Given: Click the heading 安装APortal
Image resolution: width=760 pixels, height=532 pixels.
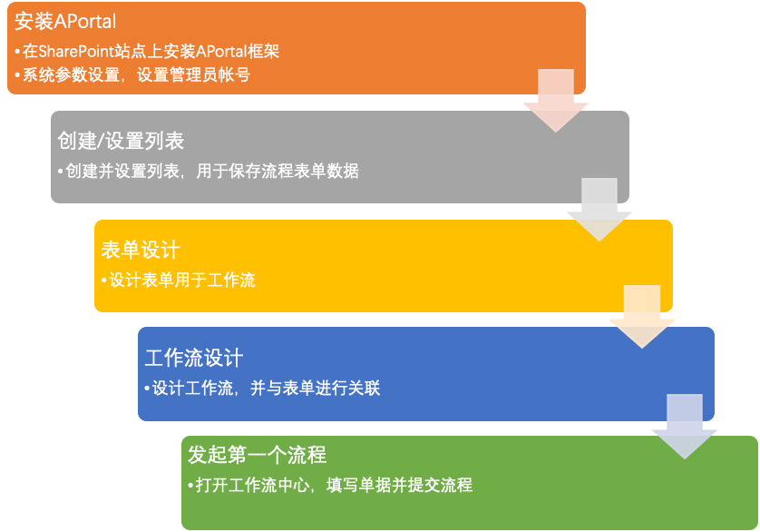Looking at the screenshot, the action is pos(65,22).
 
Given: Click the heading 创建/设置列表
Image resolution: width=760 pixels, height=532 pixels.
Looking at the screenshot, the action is pos(121,141).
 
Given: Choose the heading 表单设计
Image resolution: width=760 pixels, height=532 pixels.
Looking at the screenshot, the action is pos(141,250).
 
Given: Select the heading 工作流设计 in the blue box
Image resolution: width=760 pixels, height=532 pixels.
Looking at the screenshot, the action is pos(194,359).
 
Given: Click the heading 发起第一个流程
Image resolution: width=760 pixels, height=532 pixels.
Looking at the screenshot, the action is pos(257,456).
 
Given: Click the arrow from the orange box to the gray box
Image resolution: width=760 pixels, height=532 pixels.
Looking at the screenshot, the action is pos(556,101).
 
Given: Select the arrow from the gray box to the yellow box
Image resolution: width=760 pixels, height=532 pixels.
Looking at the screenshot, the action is pos(599,210).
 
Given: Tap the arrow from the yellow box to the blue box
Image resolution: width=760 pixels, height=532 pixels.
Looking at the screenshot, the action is pos(642,317).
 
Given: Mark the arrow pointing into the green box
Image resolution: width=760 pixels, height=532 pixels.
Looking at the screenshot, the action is pos(685,426).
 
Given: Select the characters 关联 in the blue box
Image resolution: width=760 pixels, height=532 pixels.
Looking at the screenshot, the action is pos(364,389).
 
